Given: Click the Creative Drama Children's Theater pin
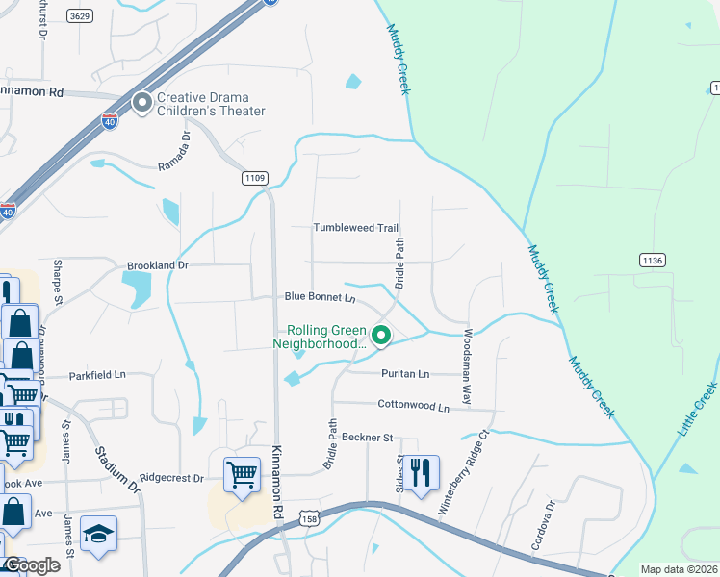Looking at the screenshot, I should pos(142,103).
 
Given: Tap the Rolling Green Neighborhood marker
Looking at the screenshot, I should pos(381,336).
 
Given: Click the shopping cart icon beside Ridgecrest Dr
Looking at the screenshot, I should pos(242,474).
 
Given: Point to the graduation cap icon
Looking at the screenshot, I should pos(97,534).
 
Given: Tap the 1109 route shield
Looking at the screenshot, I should pos(255,178).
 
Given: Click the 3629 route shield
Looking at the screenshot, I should pos(80,16).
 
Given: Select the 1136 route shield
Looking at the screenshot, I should pos(653,260).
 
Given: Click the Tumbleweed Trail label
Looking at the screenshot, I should pos(355,228).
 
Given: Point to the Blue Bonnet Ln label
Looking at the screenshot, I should pos(319,298).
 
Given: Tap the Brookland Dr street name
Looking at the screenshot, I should pos(157,264).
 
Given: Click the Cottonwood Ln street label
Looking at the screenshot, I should pos(414,407).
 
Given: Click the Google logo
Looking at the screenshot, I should pos(32,565).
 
